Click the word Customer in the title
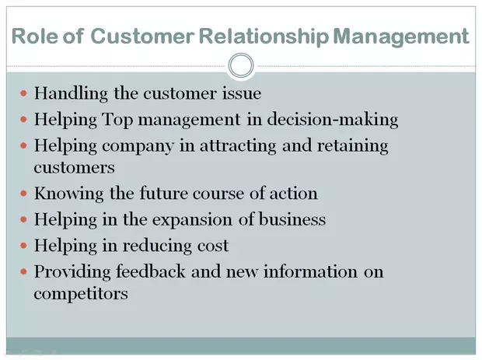point(142,36)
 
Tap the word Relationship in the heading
point(264,37)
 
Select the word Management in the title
point(401,37)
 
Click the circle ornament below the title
point(241,54)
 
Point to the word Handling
point(71,93)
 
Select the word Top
point(117,120)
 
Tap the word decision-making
point(333,120)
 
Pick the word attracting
point(238,146)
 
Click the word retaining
point(353,146)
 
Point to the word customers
point(74,168)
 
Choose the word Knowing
point(69,194)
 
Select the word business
point(292,219)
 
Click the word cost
point(213,246)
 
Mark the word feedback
point(151,272)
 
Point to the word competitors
point(81,294)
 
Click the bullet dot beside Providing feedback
point(23,272)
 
